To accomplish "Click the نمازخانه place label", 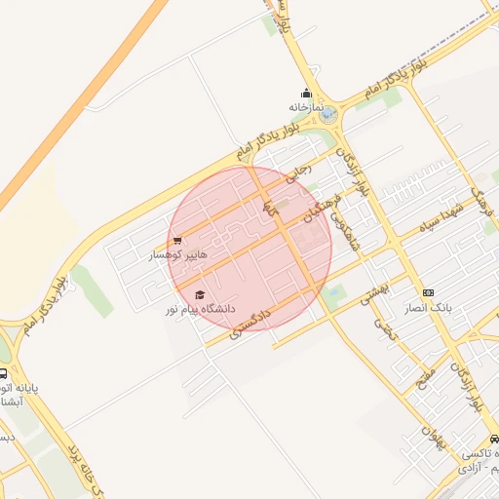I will pyautogui.click(x=304, y=106).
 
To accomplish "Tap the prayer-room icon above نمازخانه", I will pyautogui.click(x=305, y=94).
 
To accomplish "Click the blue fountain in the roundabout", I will pyautogui.click(x=327, y=114).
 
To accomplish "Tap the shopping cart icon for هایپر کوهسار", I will pyautogui.click(x=176, y=240).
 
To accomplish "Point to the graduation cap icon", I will pyautogui.click(x=200, y=294).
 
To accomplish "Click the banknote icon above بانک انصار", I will pyautogui.click(x=428, y=292).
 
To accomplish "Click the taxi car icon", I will pyautogui.click(x=495, y=440).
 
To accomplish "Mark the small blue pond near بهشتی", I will pyautogui.click(x=335, y=290).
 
